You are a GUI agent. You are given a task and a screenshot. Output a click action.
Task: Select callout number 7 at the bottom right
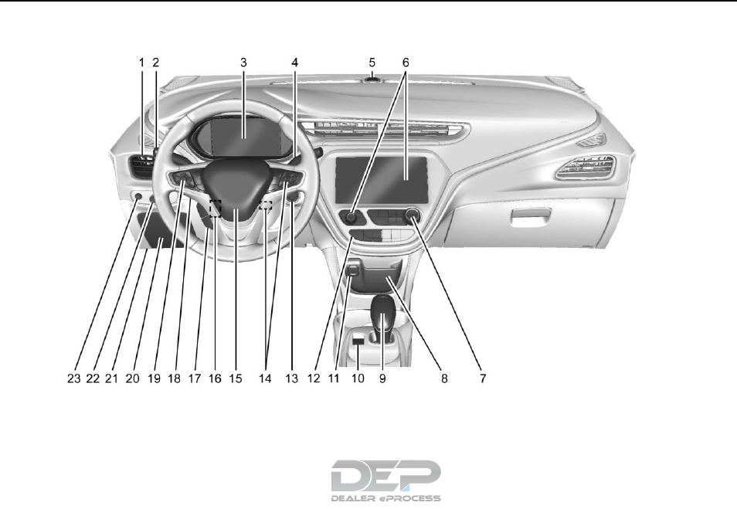pos(482,378)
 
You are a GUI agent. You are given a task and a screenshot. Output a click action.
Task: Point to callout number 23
pos(72,378)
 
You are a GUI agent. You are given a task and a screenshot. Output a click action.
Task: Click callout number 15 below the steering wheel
pos(235,378)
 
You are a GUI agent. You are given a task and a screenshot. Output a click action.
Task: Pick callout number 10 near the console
pos(357,378)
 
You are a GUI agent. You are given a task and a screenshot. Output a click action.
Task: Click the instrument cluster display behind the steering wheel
pos(243,129)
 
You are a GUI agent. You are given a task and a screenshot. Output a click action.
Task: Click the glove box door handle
pos(527,225)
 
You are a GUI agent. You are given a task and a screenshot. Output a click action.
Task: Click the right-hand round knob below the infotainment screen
pos(411,217)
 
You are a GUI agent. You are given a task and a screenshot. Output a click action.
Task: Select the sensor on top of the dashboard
pos(372,78)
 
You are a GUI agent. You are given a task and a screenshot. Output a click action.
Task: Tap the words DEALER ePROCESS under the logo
pos(385,498)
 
